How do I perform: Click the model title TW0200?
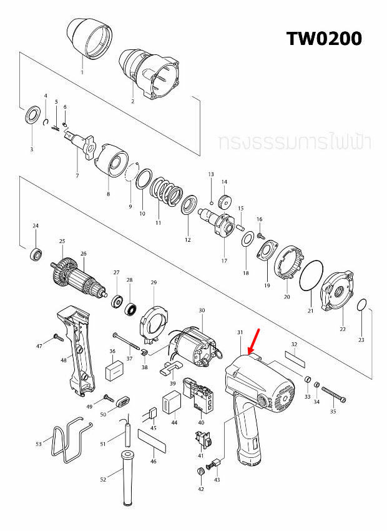point(324,39)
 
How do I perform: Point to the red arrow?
point(254,341)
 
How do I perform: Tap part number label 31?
point(240,332)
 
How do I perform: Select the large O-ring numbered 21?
point(311,275)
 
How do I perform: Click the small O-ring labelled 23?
point(362,304)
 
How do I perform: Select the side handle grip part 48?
point(77,350)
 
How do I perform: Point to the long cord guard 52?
point(127,478)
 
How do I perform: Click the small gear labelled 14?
point(224,201)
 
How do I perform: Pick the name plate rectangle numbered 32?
point(295,359)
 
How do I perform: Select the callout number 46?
point(154,461)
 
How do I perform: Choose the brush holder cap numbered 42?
point(200,472)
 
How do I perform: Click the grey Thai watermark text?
point(295,142)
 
